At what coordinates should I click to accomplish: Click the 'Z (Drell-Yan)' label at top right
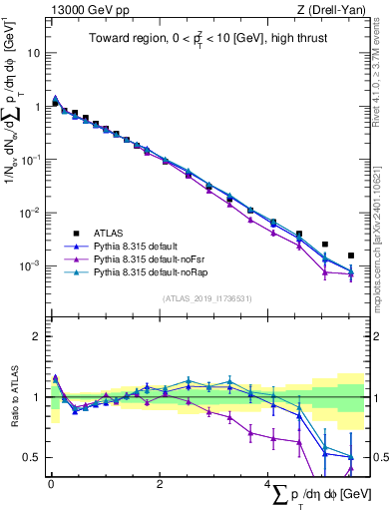pyautogui.click(x=336, y=9)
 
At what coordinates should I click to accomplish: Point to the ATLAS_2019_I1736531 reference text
pyautogui.click(x=207, y=298)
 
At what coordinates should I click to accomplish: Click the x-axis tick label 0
pyautogui.click(x=51, y=484)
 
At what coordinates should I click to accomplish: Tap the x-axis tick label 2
pyautogui.click(x=160, y=484)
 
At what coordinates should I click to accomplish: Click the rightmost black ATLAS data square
pyautogui.click(x=350, y=255)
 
